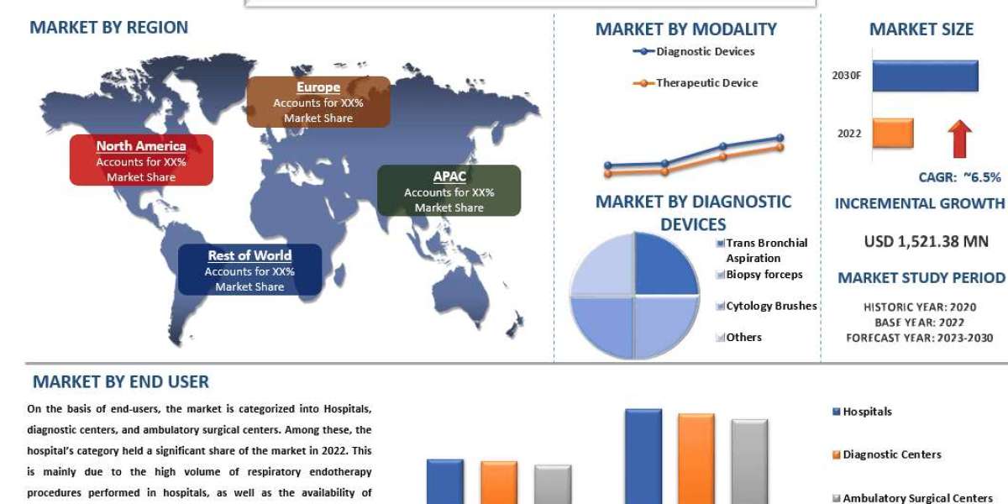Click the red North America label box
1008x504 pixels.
(x=141, y=160)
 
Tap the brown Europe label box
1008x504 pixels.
(x=318, y=102)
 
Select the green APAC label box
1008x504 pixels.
(x=449, y=191)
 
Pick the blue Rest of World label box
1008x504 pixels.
(x=249, y=270)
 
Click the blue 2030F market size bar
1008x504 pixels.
(x=925, y=76)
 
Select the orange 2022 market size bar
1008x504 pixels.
(x=893, y=133)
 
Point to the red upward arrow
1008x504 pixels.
(x=959, y=139)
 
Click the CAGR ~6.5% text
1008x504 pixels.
(x=959, y=177)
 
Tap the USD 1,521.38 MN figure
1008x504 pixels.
(x=926, y=242)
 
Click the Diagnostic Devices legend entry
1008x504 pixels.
(x=694, y=51)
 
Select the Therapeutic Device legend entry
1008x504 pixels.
(x=696, y=83)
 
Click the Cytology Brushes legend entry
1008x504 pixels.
(x=766, y=306)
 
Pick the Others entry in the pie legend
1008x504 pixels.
(x=739, y=337)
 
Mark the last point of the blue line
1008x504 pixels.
(x=780, y=138)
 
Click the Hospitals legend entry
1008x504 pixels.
(x=862, y=412)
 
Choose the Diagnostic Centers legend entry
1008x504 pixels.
(x=887, y=454)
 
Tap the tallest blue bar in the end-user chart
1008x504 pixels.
(x=643, y=456)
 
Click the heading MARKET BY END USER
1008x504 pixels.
(x=121, y=382)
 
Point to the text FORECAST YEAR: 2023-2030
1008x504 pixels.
(x=919, y=338)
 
